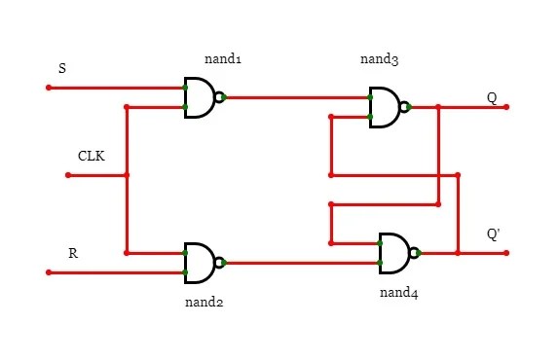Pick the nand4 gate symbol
click(396, 253)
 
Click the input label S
click(63, 68)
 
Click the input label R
click(72, 253)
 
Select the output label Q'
click(494, 234)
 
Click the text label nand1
click(223, 59)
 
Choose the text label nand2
click(204, 303)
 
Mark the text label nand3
click(379, 60)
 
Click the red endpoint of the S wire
click(48, 88)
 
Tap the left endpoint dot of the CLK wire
click(67, 175)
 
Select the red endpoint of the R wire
click(48, 272)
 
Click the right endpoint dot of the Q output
click(506, 107)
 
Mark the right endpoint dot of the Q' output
click(506, 253)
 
